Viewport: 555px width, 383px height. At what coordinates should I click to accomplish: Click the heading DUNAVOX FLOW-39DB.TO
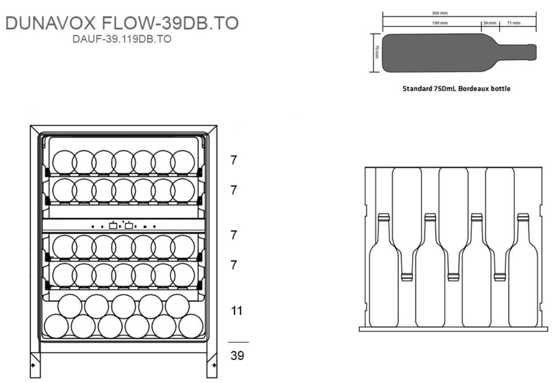click(122, 23)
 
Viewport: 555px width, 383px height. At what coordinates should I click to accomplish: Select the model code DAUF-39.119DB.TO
click(122, 39)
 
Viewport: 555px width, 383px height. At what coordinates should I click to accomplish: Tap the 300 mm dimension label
click(440, 13)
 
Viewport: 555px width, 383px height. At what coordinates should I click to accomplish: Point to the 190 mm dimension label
click(440, 23)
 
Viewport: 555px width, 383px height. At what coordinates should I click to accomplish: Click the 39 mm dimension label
click(489, 23)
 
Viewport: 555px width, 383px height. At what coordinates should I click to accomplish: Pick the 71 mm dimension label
click(513, 23)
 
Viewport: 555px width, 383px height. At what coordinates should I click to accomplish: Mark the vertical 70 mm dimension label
click(376, 52)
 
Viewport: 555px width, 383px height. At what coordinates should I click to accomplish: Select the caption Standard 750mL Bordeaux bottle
click(456, 88)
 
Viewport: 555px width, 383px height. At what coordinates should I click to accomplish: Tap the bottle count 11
click(237, 311)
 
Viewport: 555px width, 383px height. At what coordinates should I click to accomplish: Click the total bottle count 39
click(237, 356)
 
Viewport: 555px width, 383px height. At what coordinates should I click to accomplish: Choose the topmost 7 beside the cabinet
click(234, 160)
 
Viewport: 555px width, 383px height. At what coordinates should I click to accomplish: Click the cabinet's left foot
click(35, 365)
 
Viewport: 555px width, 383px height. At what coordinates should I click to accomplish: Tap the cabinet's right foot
click(212, 365)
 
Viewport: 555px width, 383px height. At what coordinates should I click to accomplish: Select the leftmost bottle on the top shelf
click(64, 162)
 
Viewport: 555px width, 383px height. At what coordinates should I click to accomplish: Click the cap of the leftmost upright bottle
click(383, 217)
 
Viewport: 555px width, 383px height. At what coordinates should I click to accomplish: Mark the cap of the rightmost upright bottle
click(523, 217)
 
